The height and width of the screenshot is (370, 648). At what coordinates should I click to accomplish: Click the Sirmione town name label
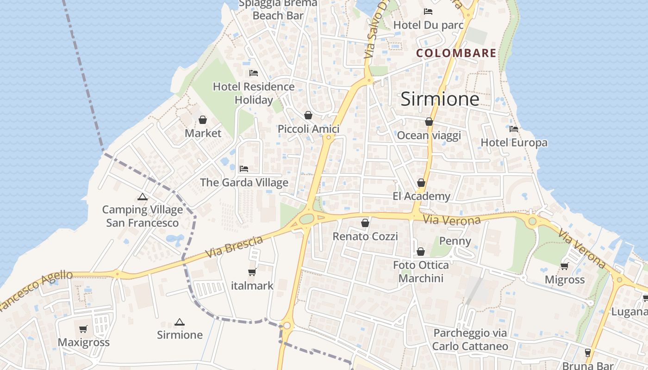click(x=440, y=99)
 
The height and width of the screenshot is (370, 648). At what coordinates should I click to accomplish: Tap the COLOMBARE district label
click(x=456, y=53)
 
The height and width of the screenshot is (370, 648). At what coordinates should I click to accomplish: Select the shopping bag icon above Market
click(x=203, y=120)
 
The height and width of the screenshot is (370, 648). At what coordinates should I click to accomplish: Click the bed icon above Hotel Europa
click(x=514, y=129)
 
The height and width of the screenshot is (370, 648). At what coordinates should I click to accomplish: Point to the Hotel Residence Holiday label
click(x=253, y=93)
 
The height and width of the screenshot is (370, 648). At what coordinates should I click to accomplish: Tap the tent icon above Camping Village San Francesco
click(x=143, y=197)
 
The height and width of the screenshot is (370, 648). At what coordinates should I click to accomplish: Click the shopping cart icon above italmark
click(x=252, y=272)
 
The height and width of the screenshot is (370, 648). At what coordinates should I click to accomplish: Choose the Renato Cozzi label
click(x=365, y=237)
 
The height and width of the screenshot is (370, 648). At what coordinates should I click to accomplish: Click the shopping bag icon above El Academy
click(x=421, y=183)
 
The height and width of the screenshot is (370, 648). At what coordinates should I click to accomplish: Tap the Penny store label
click(x=455, y=241)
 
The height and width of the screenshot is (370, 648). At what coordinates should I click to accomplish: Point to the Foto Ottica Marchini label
click(x=421, y=271)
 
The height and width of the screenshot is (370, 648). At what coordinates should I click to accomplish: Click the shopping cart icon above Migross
click(x=564, y=266)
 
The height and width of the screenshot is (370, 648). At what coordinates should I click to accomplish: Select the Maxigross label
click(x=83, y=342)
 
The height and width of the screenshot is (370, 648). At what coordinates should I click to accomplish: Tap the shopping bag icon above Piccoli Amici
click(x=308, y=115)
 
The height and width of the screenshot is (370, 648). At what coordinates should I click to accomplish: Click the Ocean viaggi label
click(x=429, y=136)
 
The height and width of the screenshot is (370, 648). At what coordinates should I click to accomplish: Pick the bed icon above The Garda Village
click(x=244, y=169)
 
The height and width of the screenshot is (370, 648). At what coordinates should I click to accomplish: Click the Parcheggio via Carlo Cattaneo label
click(x=470, y=339)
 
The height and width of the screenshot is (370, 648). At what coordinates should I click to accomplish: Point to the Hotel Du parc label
click(x=428, y=25)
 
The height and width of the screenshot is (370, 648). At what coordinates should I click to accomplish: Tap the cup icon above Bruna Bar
click(x=588, y=353)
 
